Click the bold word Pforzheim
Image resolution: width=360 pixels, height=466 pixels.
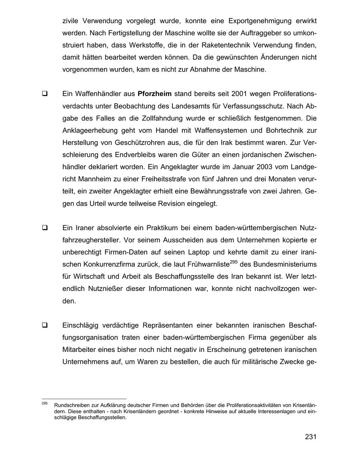pos(154,94)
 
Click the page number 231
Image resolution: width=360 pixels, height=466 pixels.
pos(311,436)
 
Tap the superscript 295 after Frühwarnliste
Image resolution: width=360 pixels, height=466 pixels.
pos(234,262)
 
